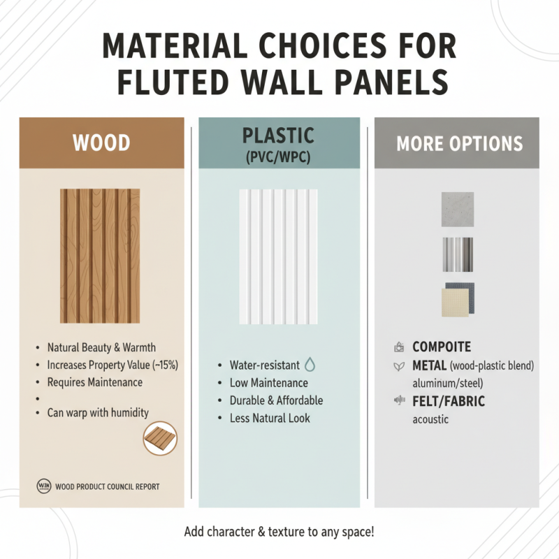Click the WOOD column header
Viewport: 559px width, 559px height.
pyautogui.click(x=101, y=143)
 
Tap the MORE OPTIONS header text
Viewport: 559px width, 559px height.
pyautogui.click(x=459, y=144)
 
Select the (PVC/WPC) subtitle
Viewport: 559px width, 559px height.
pyautogui.click(x=278, y=158)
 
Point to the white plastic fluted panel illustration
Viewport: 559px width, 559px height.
pyautogui.click(x=278, y=256)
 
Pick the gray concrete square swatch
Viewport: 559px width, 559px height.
pyautogui.click(x=458, y=210)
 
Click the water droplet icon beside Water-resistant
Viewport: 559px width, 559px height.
pyautogui.click(x=311, y=365)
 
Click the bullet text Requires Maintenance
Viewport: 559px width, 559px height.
pyautogui.click(x=94, y=382)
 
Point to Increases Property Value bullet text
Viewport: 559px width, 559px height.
pyautogui.click(x=112, y=365)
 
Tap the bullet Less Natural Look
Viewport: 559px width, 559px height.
pyautogui.click(x=270, y=419)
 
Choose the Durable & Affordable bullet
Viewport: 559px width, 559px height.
pyautogui.click(x=276, y=400)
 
